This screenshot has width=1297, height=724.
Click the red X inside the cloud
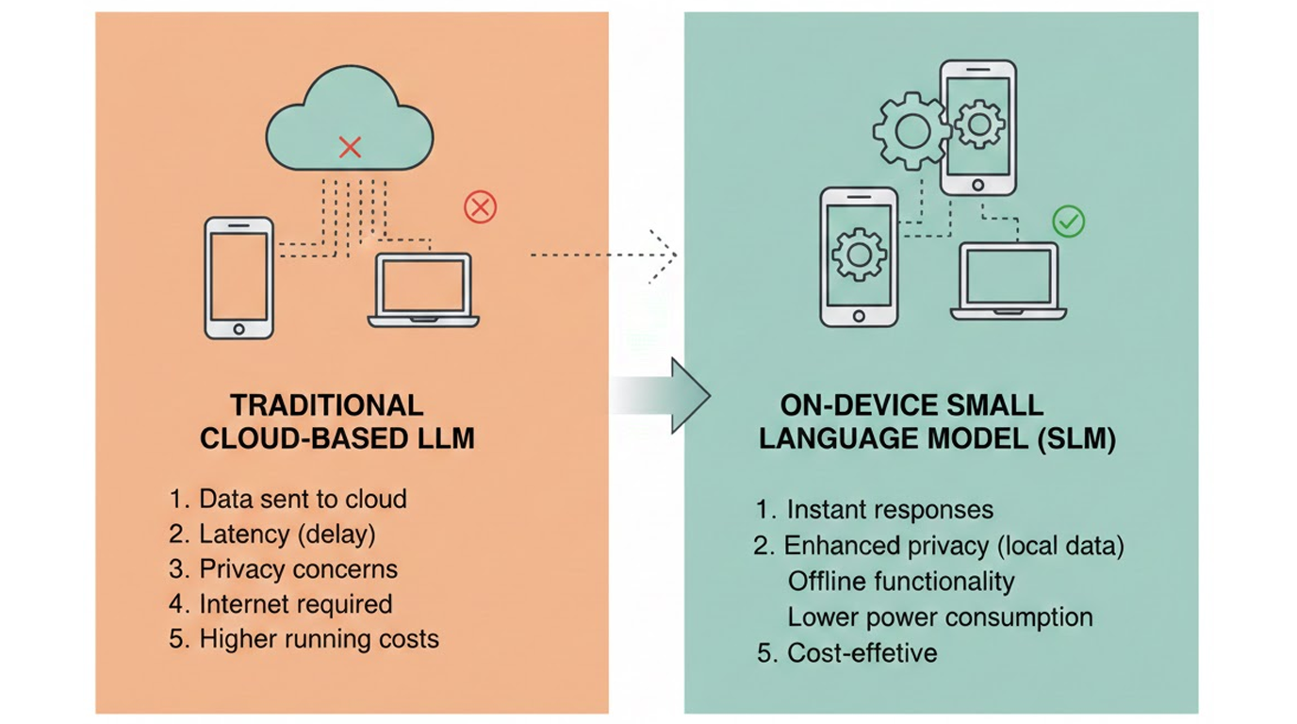point(351,146)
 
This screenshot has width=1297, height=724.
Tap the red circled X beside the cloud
point(480,206)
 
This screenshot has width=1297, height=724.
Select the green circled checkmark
point(1068,222)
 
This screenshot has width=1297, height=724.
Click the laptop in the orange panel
point(423,289)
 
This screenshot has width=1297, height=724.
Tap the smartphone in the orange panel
point(238,277)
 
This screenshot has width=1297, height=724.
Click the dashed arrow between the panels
point(604,255)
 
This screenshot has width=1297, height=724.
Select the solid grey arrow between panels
point(661,395)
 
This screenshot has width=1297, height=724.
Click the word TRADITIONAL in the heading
point(327,405)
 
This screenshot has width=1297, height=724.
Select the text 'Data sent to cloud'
point(303,499)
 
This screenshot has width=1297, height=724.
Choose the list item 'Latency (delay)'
point(287,535)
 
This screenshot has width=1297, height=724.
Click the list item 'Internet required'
point(295,603)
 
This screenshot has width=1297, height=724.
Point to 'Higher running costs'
point(319,638)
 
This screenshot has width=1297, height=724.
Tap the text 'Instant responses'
point(889,510)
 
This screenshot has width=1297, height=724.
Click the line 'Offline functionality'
point(900,581)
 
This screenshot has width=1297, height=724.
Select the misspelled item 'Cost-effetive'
point(862,652)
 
